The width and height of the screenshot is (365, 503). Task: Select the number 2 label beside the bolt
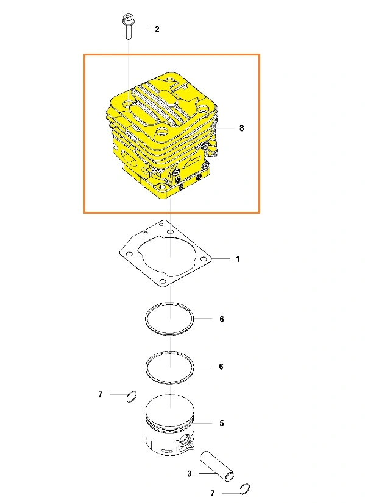pos(157,29)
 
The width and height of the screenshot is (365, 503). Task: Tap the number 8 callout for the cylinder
pos(242,128)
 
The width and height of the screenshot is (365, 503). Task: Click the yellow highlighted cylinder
pos(162,136)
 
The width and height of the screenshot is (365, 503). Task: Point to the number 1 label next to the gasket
pos(238,259)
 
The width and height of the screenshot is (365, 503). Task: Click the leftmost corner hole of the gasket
pos(129,254)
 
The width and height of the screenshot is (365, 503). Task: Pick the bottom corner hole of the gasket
pos(163,281)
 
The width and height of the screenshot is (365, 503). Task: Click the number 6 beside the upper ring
pos(222,319)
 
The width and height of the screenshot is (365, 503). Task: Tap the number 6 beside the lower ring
pos(221,367)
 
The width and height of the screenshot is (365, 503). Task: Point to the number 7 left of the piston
pos(101,394)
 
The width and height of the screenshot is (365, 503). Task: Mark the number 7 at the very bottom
pos(213,493)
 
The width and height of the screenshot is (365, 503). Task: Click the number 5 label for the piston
pos(222,423)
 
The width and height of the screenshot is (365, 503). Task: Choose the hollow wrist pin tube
pos(217,466)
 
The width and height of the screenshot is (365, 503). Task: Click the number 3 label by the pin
pos(190,474)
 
